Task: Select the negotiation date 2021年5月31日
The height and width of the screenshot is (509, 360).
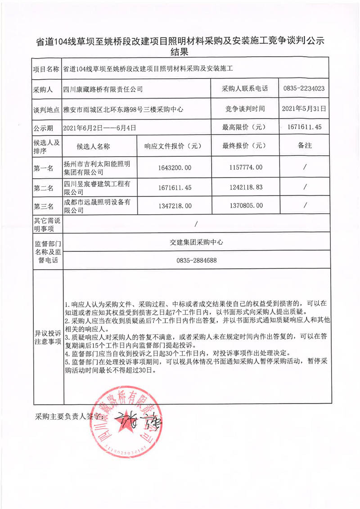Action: point(304,108)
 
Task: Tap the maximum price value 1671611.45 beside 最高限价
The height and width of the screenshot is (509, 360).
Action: point(304,127)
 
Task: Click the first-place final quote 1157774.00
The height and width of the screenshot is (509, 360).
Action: point(243,167)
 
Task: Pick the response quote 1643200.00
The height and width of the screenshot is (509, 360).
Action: point(175,167)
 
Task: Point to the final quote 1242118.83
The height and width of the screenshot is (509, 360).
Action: point(243,186)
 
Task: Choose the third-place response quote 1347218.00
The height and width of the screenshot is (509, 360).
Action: point(175,205)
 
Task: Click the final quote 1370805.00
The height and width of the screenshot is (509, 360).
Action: point(243,205)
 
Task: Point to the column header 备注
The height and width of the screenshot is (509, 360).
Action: point(305,146)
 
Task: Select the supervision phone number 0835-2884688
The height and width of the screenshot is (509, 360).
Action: point(197,261)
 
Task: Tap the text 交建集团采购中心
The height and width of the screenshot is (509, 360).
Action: point(197,242)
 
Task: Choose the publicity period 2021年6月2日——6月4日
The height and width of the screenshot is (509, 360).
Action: point(99,128)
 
